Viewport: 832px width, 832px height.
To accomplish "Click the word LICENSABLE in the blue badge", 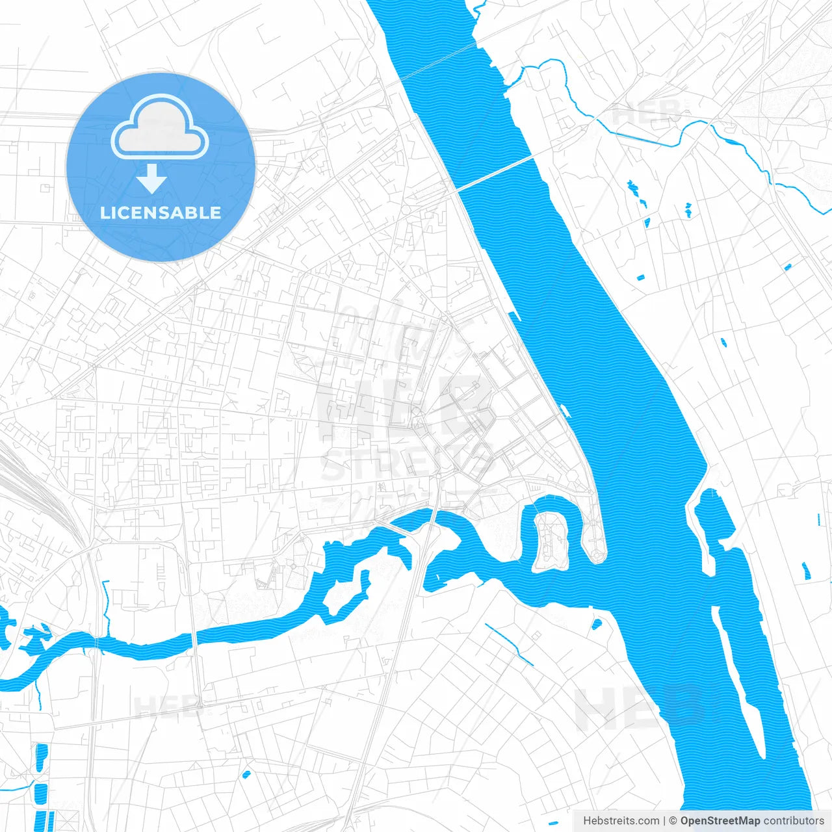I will pyautogui.click(x=161, y=213).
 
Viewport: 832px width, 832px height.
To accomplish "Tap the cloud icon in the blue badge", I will pyautogui.click(x=160, y=127).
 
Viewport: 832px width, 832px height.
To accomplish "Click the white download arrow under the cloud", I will pyautogui.click(x=152, y=179).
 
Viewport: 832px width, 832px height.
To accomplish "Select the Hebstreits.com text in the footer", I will pyautogui.click(x=621, y=821).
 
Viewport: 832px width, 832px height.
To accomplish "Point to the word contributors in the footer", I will pyautogui.click(x=794, y=821).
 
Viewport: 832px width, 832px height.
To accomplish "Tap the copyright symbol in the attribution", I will pyautogui.click(x=673, y=821).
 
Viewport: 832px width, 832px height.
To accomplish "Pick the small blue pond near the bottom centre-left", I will pyautogui.click(x=246, y=774).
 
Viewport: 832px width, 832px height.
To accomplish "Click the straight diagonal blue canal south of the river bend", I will pyautogui.click(x=509, y=644).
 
